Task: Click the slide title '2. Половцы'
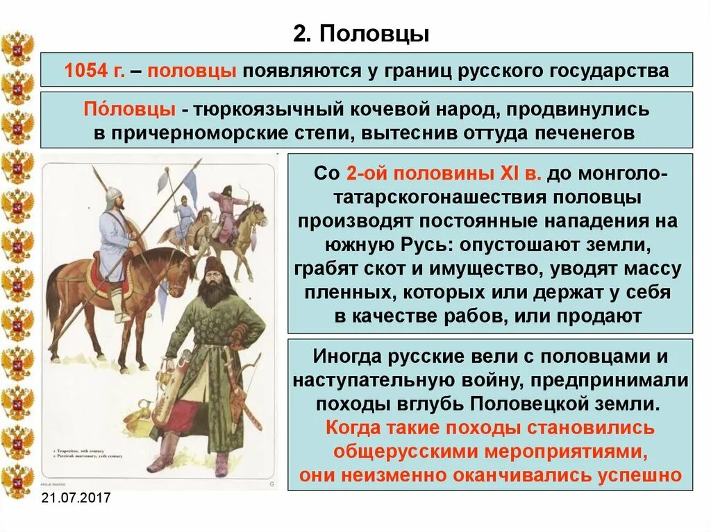pyautogui.click(x=360, y=34)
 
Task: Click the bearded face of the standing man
pyautogui.click(x=215, y=282)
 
